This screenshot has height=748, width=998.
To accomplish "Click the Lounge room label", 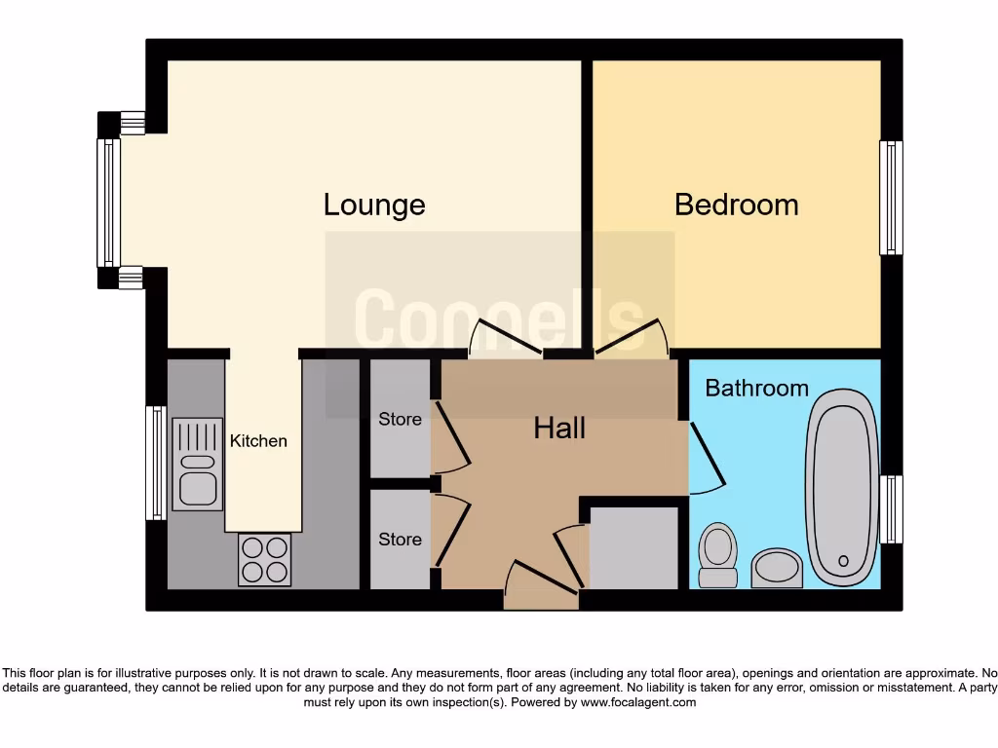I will [374, 205].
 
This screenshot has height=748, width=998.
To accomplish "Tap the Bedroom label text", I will [736, 205].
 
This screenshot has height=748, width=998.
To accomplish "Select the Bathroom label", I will [756, 388].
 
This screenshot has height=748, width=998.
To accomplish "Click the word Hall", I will [559, 428].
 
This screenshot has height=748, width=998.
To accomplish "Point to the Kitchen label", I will [258, 441].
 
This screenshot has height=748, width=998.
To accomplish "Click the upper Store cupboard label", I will [400, 420].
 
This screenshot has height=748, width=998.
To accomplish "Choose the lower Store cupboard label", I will [400, 540].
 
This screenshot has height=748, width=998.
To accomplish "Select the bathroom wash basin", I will [777, 567].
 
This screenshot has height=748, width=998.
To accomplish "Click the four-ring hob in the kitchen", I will [264, 560].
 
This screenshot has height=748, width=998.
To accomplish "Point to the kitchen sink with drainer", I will [197, 464].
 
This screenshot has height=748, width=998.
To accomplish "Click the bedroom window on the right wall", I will [891, 198].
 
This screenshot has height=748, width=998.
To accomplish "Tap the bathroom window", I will [891, 508].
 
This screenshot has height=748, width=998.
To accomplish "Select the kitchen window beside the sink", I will [156, 463].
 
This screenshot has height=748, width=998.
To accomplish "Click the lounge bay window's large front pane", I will [107, 202].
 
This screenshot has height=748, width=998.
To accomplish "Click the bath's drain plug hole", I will [843, 561].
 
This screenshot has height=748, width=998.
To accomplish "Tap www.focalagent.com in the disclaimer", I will [638, 702].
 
